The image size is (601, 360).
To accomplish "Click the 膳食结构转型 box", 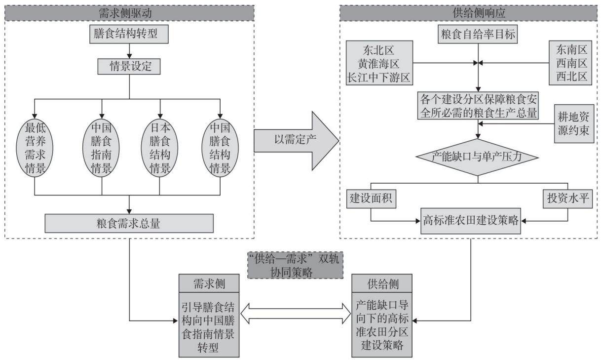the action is (129, 34).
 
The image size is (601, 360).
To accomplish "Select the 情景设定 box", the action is (129, 66).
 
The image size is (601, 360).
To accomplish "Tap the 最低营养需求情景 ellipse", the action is (35, 148).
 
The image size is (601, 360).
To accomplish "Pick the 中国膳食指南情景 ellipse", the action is (101, 148).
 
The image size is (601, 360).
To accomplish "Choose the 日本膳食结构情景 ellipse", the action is (160, 148).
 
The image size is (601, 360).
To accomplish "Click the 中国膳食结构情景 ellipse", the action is (220, 148).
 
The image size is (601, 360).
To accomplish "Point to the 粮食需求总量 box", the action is (129, 223).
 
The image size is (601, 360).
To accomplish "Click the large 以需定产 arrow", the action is (296, 141).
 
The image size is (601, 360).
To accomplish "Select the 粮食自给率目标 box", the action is (478, 34).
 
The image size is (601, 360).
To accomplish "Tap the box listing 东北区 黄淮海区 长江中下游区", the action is (379, 63).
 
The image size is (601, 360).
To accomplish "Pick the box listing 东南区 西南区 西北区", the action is (570, 63).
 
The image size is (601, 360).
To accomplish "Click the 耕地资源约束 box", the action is (574, 124).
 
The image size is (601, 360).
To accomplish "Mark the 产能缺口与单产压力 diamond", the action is (478, 158).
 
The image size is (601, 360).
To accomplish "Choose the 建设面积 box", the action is (372, 199).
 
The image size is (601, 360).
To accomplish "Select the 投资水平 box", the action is (568, 199).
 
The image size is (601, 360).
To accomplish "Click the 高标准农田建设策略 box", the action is (471, 221).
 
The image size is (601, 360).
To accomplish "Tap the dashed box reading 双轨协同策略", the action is (296, 265).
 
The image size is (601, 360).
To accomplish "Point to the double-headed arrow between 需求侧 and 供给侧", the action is (296, 314).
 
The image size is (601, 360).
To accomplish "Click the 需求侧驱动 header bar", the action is (129, 13).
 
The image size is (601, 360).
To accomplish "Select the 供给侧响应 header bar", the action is (468, 13).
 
